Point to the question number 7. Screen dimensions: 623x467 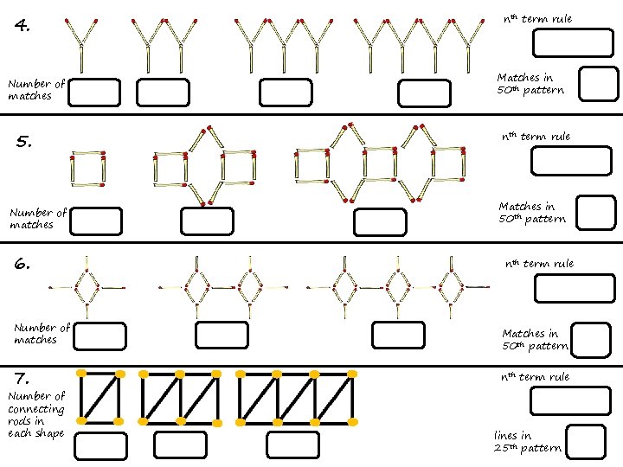[x=23, y=377]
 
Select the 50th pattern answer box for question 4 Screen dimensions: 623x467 [x=597, y=84]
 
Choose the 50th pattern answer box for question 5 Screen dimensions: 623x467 [x=596, y=211]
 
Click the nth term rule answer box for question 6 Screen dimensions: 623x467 [x=574, y=288]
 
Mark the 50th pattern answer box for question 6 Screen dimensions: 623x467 [x=592, y=338]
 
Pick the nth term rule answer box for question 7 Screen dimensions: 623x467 [x=570, y=400]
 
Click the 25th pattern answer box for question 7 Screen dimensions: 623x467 [x=585, y=441]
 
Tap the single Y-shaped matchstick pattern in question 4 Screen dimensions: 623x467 [x=82, y=43]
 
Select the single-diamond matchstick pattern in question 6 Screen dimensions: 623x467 [x=86, y=285]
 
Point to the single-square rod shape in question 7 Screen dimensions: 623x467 [x=101, y=398]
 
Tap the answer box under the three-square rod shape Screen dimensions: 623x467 [x=292, y=445]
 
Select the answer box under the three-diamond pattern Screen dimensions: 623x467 [x=397, y=335]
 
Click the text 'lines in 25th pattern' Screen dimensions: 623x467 [x=526, y=442]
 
